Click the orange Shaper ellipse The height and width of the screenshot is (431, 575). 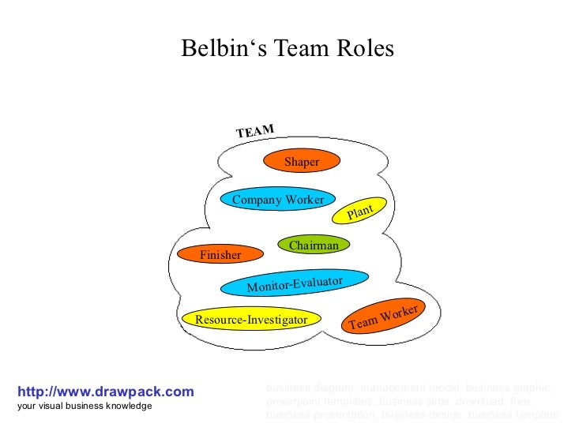coord(302,162)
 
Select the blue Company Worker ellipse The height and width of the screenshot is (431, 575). coord(277,200)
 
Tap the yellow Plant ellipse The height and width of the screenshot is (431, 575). coord(359,210)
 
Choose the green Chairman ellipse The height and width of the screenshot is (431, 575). coord(314,245)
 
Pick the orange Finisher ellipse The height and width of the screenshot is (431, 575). coord(220,255)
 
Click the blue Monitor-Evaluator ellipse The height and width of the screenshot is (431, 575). coord(294,283)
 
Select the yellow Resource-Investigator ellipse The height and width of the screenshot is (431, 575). coord(251,320)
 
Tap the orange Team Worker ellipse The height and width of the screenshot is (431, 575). coord(383,316)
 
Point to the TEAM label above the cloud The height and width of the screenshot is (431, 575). coord(255,131)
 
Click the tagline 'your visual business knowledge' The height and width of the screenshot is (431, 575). coord(84,406)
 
